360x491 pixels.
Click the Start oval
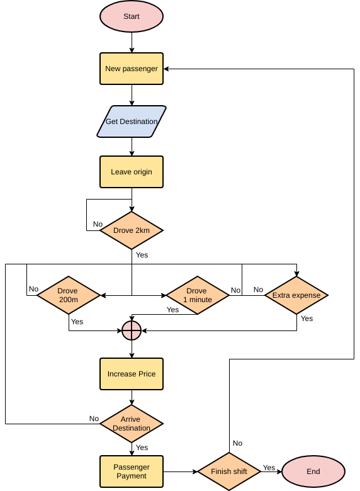pos(132,17)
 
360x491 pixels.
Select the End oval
pos(313,471)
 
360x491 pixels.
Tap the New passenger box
pos(132,69)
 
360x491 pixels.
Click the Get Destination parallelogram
pos(132,121)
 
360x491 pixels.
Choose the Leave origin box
pos(132,172)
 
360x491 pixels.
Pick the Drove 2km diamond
pos(132,230)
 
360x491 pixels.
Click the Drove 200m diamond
pos(68,295)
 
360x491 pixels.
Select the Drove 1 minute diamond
pos(196,295)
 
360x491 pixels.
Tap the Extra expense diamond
pos(296,295)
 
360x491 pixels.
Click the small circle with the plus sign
pos(132,330)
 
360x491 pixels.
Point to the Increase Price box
pos(132,374)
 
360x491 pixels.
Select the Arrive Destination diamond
pos(132,424)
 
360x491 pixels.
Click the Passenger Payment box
pos(132,471)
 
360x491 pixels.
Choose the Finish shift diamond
pos(229,471)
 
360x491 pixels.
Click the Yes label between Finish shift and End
pos(269,468)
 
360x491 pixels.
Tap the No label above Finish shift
pos(237,443)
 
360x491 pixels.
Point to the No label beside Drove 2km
pos(98,224)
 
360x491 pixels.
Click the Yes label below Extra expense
pos(307,319)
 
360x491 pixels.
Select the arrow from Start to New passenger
pos(132,43)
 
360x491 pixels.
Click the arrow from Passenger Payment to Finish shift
pos(180,471)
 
